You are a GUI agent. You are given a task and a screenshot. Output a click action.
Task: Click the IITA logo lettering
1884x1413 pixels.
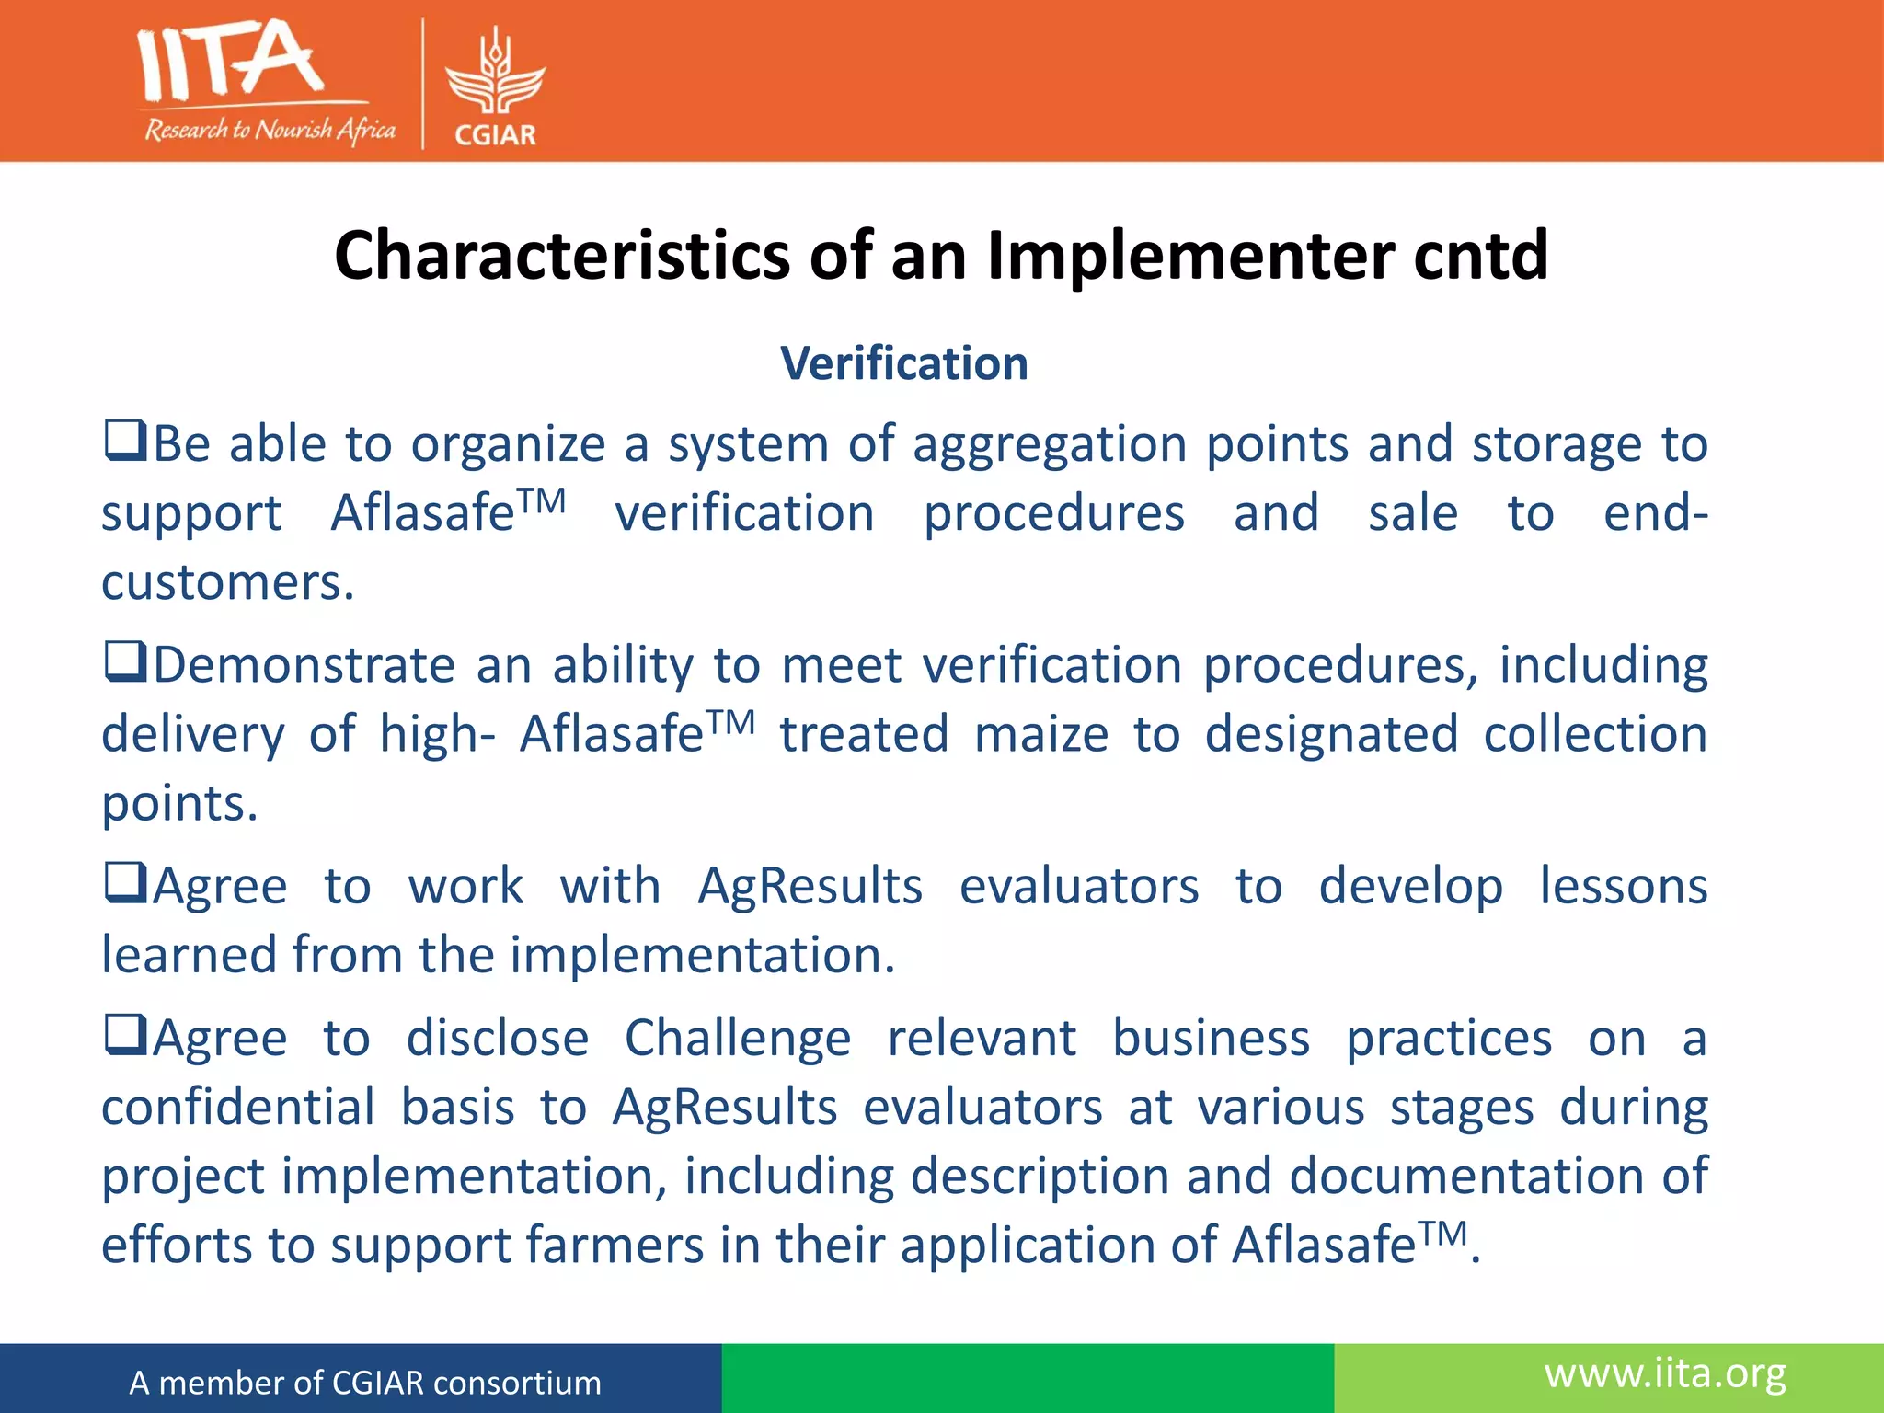230,63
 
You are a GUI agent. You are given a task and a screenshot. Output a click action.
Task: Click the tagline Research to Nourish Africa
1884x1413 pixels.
270,130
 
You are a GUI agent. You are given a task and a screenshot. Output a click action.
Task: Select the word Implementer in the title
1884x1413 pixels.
1190,255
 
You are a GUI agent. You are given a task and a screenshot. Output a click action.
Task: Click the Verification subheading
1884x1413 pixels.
904,363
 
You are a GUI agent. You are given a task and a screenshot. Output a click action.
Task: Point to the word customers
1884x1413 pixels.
226,583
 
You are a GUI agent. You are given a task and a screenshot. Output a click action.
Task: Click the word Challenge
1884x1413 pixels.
738,1040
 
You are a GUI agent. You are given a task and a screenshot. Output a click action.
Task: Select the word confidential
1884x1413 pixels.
237,1108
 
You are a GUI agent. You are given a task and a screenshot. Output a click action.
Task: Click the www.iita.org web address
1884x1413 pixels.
1665,1374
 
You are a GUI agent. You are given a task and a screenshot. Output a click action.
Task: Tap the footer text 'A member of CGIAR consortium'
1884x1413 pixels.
365,1383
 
